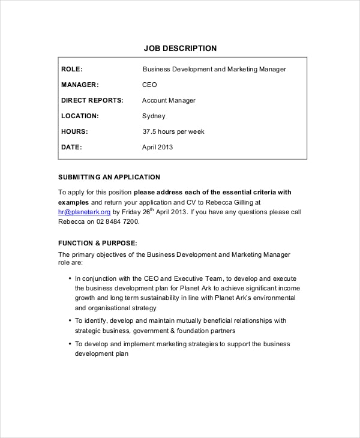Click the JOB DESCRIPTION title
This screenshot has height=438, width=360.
pos(180,48)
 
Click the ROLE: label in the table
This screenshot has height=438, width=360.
pos(72,69)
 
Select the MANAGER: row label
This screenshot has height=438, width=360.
pos(80,85)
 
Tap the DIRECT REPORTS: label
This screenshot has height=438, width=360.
pos(92,100)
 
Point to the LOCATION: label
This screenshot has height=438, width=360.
pos(80,116)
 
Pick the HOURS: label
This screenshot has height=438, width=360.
pos(74,131)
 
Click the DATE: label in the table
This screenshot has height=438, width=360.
pos(71,147)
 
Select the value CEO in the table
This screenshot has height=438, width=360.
pos(149,85)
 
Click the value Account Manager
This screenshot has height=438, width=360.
pos(169,100)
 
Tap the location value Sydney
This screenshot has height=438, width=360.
pos(154,116)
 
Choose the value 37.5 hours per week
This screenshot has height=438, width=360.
pos(173,131)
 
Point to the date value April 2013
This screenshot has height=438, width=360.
pos(157,147)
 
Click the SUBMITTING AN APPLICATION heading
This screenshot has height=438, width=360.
pos(109,177)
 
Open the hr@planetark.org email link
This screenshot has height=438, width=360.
pos(84,212)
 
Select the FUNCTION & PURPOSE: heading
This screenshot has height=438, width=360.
pos(98,243)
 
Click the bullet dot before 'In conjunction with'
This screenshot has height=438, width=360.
pos(70,278)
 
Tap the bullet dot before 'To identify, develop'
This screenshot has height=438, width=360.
pos(70,320)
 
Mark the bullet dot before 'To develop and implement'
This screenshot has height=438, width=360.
pos(70,344)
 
